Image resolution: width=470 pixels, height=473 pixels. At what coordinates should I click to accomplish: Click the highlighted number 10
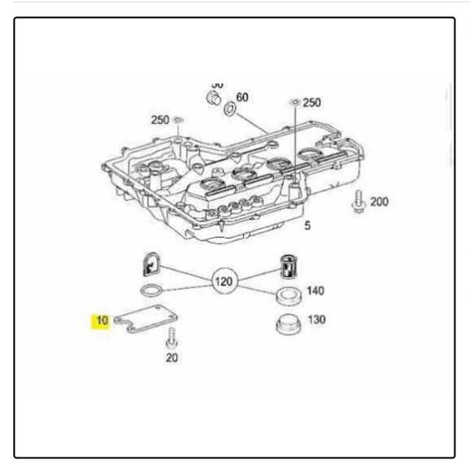point(100,320)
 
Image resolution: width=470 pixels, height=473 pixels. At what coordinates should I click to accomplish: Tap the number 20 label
point(171,357)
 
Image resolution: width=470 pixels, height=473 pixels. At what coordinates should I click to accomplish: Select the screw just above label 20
point(172,337)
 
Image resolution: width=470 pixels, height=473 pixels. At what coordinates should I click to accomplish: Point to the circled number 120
point(222,282)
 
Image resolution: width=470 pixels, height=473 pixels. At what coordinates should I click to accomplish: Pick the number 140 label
point(315,291)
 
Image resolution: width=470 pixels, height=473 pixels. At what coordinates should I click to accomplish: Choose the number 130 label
point(315,320)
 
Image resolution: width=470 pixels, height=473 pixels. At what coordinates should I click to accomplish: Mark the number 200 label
point(379,201)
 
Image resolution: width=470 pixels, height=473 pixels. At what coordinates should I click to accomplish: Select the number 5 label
point(307,226)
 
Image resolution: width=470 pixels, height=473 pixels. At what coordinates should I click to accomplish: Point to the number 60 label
point(242,96)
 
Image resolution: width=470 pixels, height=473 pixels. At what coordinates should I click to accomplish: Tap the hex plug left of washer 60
point(213,99)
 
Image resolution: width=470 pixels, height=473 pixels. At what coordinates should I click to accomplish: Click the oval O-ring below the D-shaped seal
point(151,290)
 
